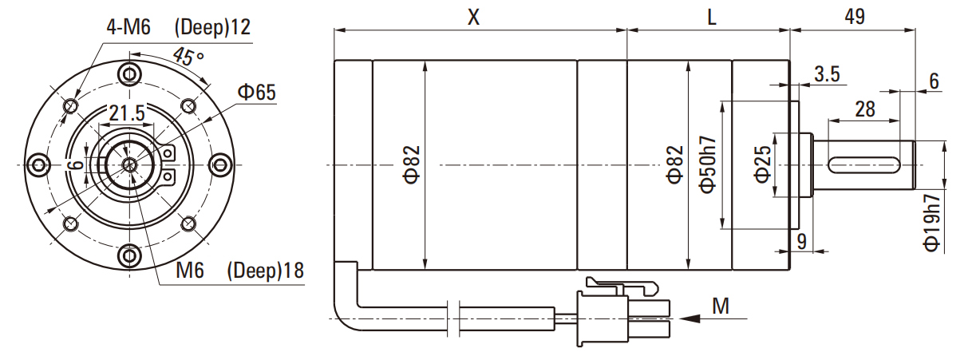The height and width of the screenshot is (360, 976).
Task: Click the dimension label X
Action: point(473,17)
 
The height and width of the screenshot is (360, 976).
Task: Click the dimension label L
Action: point(711,18)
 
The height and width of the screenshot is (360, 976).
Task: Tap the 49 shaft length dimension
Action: point(855,17)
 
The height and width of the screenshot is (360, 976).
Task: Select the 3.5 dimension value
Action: point(827,74)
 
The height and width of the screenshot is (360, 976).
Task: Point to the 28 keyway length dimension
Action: point(865,109)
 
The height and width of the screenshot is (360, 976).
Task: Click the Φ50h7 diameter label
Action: point(708,164)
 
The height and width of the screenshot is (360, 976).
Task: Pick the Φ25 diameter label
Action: point(762,164)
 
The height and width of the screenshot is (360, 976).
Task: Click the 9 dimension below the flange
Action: point(802,241)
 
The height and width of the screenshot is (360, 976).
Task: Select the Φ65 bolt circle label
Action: point(257,93)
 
